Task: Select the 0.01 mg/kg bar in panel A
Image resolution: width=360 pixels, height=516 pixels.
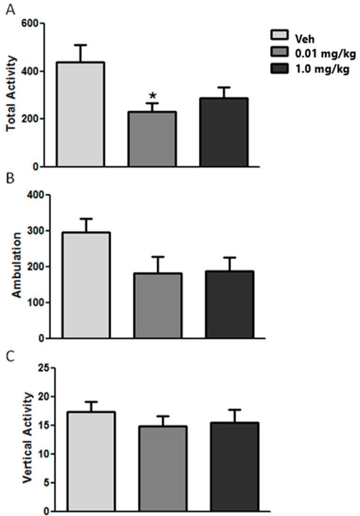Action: point(152,139)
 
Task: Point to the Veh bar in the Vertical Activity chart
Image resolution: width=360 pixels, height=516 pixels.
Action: point(91,461)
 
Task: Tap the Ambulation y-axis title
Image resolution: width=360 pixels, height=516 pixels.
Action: point(17,266)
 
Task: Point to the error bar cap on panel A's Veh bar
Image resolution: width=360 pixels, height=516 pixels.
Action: point(80,45)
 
